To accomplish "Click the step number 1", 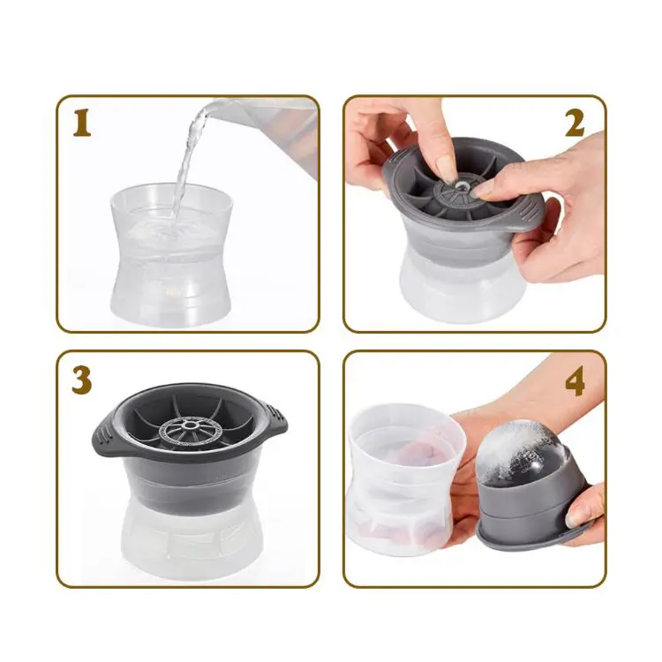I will [x=82, y=124].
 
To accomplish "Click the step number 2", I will [x=575, y=124].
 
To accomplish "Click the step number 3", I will [x=82, y=380].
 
